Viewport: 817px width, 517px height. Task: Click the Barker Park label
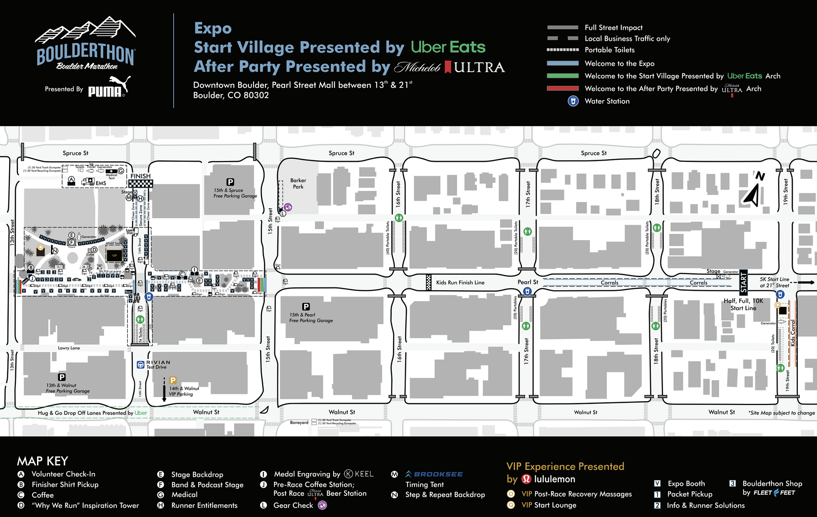[298, 184]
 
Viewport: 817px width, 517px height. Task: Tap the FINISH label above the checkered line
[140, 176]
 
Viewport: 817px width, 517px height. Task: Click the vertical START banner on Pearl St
[743, 282]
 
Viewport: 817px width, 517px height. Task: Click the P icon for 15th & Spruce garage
[230, 182]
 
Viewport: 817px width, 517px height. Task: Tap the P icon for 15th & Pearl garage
[306, 307]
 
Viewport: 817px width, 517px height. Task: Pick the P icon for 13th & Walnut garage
[62, 377]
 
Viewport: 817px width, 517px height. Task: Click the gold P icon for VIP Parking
[173, 380]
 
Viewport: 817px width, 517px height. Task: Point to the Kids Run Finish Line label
[460, 282]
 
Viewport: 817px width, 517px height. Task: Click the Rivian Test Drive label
[157, 365]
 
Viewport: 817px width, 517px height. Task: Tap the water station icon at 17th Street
[527, 291]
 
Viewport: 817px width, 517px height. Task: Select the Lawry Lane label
[69, 348]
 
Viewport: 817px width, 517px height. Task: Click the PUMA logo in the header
[108, 88]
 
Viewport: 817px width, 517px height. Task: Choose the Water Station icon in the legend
[573, 101]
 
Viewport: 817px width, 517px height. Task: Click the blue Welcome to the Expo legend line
[563, 63]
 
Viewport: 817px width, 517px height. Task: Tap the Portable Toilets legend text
[609, 50]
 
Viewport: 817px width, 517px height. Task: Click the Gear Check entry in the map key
[293, 506]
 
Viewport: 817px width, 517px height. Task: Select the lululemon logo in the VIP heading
[527, 479]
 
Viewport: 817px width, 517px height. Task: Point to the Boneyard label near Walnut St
[299, 422]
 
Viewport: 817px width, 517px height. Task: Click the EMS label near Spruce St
[101, 183]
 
